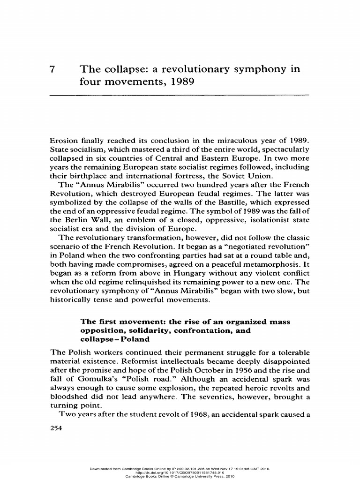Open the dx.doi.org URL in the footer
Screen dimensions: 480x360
180,472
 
